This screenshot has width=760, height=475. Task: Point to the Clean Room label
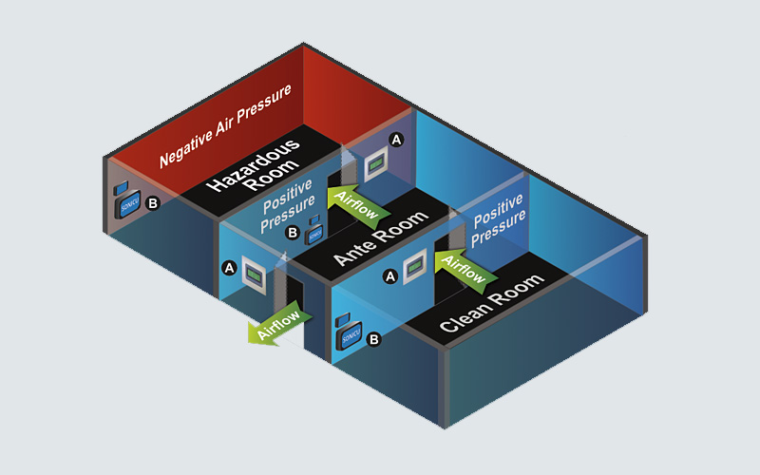(490, 303)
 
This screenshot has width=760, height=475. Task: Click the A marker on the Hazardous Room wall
(397, 140)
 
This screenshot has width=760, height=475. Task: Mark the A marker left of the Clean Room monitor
(389, 276)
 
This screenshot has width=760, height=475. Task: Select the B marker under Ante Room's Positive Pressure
(293, 232)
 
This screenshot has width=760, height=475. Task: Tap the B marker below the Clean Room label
(373, 338)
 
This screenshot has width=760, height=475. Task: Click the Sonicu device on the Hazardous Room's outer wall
(127, 203)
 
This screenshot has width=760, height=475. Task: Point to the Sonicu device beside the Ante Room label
(313, 232)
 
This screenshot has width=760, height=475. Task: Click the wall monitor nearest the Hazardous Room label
(376, 163)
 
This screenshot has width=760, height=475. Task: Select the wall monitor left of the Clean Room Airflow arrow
(415, 273)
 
